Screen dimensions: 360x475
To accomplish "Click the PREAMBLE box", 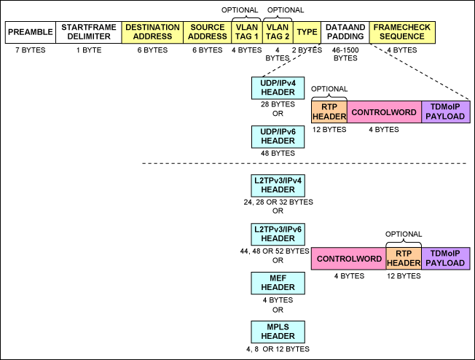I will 30,32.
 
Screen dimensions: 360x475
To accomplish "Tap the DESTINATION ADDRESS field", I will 152,32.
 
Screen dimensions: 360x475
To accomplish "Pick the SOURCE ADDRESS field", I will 207,32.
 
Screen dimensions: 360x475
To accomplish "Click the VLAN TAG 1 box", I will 246,32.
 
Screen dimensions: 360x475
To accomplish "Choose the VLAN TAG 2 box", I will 278,32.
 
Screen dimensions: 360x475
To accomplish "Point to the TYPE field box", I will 307,32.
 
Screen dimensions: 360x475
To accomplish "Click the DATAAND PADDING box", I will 345,32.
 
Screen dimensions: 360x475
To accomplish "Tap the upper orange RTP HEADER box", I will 329,112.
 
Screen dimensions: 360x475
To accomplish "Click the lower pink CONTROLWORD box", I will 348,259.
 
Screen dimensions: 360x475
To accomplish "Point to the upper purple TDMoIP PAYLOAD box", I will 446,112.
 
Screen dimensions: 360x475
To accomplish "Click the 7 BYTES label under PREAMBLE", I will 30,50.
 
